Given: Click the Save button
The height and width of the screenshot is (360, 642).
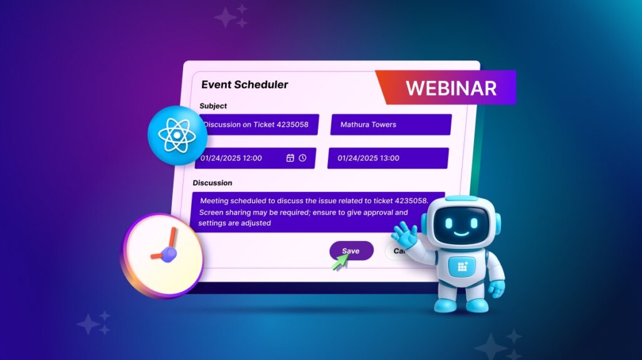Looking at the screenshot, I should coord(351,251).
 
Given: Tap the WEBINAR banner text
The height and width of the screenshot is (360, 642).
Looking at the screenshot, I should coord(451,88).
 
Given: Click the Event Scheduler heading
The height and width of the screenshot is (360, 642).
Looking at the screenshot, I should coord(245,84).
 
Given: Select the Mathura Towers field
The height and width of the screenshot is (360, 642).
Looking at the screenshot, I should coord(390,124).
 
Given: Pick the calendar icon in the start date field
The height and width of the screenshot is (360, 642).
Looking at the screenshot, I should coord(290,158).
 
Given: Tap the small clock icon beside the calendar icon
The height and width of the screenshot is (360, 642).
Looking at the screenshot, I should coord(303,158).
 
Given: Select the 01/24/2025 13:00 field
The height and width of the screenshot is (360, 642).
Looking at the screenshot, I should coord(387,158).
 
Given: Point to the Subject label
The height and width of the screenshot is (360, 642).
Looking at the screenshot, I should coord(213,106).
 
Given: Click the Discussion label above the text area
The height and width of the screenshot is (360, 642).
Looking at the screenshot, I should coord(213,183).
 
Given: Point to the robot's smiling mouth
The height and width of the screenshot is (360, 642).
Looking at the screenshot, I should coord(461,234).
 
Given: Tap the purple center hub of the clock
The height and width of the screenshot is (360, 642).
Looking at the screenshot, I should coord(169,253).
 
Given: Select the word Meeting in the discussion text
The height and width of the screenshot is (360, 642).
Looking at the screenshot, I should coord(215,201).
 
